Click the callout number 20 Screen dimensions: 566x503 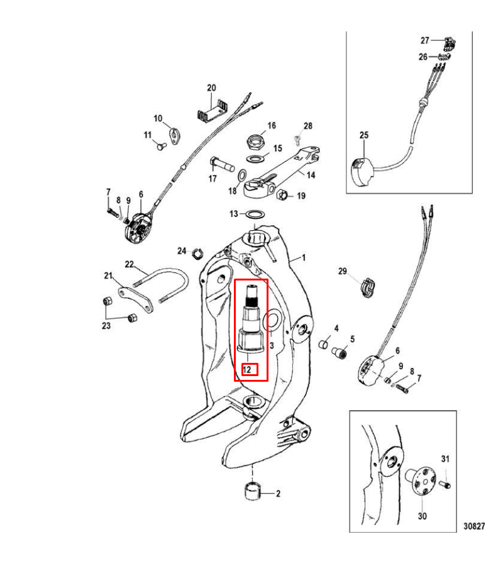coord(211,87)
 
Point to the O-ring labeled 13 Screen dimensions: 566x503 coord(254,214)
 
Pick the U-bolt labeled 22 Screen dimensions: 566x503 coord(169,282)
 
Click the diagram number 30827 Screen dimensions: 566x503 coord(475,525)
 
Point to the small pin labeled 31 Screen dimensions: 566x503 coord(445,485)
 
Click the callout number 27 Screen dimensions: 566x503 coord(425,40)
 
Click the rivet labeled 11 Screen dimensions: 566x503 coord(160,146)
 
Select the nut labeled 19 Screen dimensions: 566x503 coord(282,195)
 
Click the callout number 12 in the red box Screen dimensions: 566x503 coord(248,369)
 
